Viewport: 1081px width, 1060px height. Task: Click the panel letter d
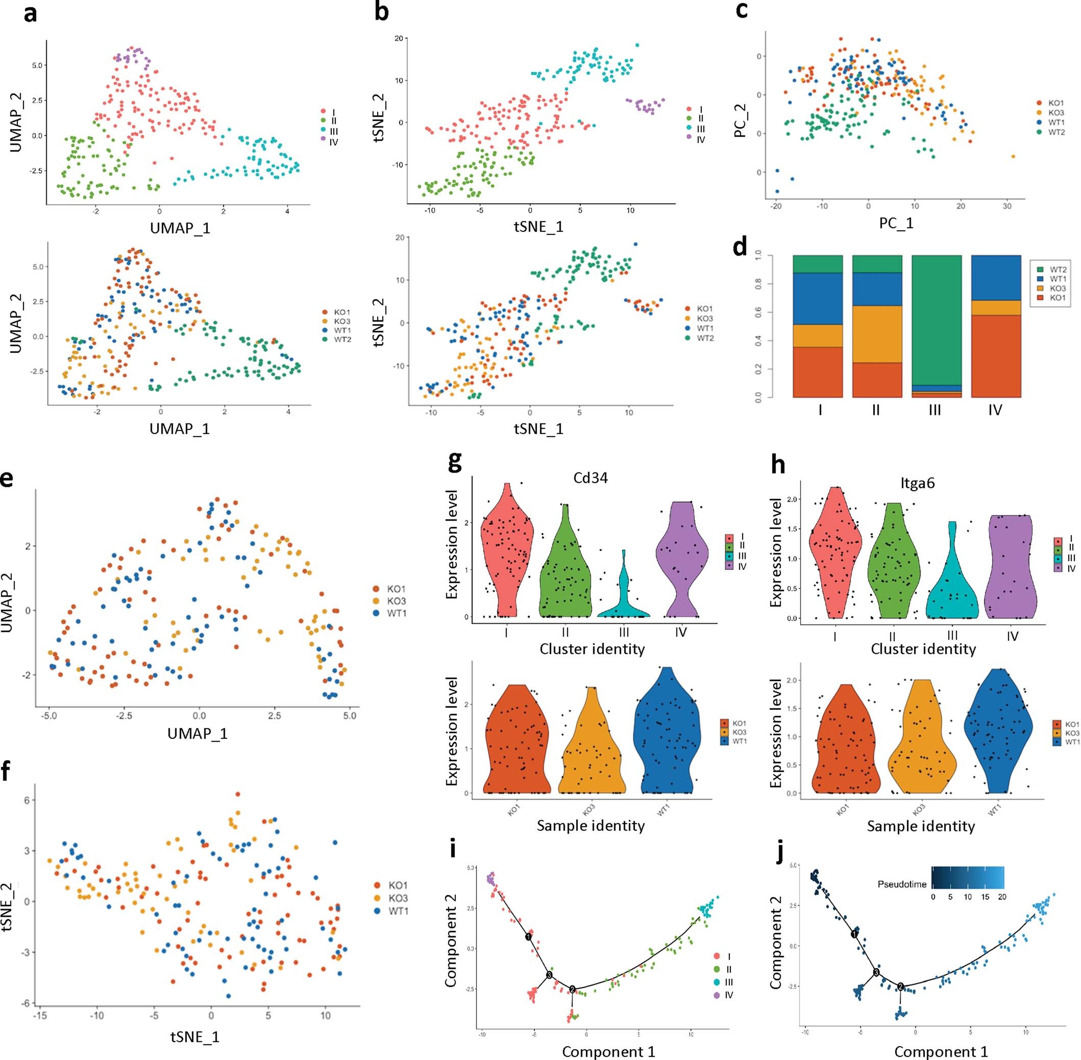(x=740, y=247)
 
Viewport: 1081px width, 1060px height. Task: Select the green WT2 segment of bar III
(x=936, y=317)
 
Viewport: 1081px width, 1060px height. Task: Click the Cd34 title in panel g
(x=591, y=478)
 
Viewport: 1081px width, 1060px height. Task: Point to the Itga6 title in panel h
(x=918, y=483)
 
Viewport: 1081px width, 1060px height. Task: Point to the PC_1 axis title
(x=896, y=223)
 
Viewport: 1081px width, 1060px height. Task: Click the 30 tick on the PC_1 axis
(x=1007, y=206)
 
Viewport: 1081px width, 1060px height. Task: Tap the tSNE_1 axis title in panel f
(x=195, y=1037)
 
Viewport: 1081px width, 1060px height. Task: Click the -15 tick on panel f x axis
(x=39, y=1015)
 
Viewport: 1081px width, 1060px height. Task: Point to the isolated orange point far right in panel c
(x=1013, y=156)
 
